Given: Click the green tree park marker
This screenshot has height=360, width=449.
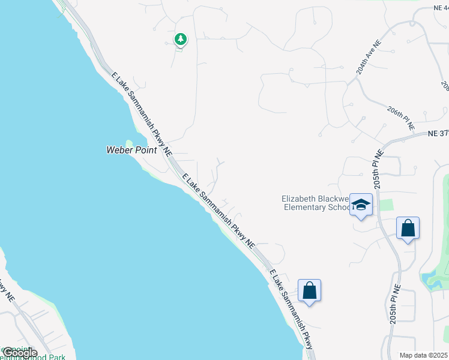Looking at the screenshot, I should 180,40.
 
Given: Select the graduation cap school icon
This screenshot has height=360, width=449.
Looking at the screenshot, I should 361,205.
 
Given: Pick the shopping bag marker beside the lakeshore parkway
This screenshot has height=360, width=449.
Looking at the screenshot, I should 309,291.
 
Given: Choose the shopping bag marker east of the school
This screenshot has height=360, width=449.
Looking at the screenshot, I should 408,229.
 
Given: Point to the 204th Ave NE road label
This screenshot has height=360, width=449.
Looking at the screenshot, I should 368,58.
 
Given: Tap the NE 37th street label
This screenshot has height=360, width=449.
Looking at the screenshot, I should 438,134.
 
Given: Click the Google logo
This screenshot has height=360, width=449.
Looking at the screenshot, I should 19,353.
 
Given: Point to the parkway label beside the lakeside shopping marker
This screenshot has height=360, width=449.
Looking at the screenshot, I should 291,309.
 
